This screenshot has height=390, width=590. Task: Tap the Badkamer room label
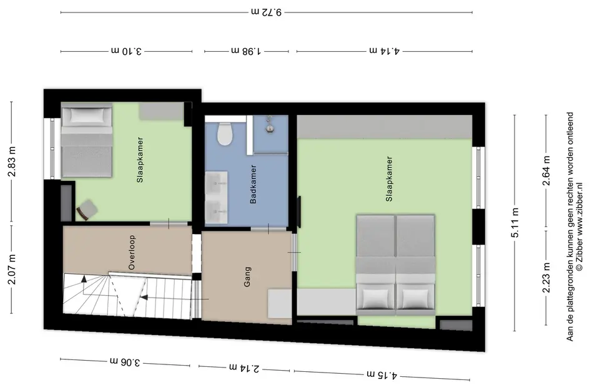pyautogui.click(x=253, y=184)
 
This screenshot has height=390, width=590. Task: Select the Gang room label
pyautogui.click(x=247, y=277)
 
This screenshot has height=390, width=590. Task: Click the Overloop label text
pyautogui.click(x=131, y=252)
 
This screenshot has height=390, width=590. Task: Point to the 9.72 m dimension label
pyautogui.click(x=267, y=12)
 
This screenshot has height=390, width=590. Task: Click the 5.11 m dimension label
pyautogui.click(x=514, y=223)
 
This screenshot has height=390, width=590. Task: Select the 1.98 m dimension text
pyautogui.click(x=246, y=51)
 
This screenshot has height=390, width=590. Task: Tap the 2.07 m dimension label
pyautogui.click(x=12, y=269)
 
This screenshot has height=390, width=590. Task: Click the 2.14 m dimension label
pyautogui.click(x=244, y=368)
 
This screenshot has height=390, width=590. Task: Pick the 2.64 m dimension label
pyautogui.click(x=546, y=170)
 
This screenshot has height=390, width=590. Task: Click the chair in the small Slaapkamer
pyautogui.click(x=87, y=210)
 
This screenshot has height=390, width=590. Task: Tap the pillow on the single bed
pyautogui.click(x=87, y=115)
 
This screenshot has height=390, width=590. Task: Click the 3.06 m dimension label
pyautogui.click(x=125, y=362)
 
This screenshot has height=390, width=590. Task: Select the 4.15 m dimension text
pyautogui.click(x=382, y=374)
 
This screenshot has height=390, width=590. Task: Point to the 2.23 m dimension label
pyautogui.click(x=546, y=278)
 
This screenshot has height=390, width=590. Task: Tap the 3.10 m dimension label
pyautogui.click(x=126, y=51)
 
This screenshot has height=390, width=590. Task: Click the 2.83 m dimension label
pyautogui.click(x=12, y=162)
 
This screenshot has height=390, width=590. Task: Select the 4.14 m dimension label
pyautogui.click(x=385, y=51)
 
